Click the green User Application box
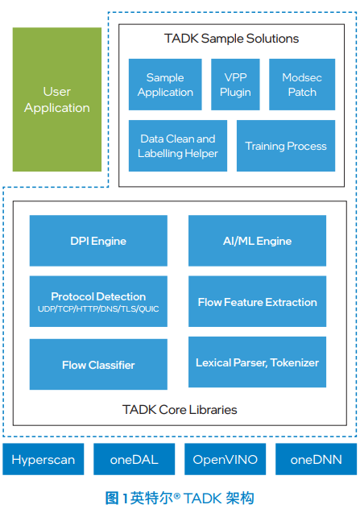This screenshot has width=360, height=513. coord(57,100)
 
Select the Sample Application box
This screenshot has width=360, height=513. coord(165,85)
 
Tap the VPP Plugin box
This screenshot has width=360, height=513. coord(235,85)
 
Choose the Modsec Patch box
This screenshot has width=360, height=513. coord(302,85)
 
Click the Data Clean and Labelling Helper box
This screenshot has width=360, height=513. coord(178,146)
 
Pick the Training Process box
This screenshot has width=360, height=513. coord(286,146)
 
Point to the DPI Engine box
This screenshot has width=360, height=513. coord(98,241)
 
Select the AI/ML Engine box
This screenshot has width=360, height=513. coord(257,241)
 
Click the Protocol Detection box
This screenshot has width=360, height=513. coord(98,301)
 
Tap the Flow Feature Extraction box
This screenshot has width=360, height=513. coord(257,301)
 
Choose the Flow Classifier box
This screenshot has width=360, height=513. coord(98,364)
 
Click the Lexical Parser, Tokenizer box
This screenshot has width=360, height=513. coord(257,362)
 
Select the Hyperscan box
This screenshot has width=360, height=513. coord(43,459)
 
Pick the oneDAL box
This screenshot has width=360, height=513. coord(134,459)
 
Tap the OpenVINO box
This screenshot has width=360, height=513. coord(226,459)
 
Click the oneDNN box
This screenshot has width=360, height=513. coord(317,459)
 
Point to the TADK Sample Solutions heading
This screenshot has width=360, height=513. coord(231,39)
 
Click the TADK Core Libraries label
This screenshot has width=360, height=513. coord(180,410)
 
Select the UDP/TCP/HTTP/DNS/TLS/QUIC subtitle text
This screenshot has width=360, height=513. coord(98,309)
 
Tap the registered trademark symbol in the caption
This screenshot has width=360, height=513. coord(177,496)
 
